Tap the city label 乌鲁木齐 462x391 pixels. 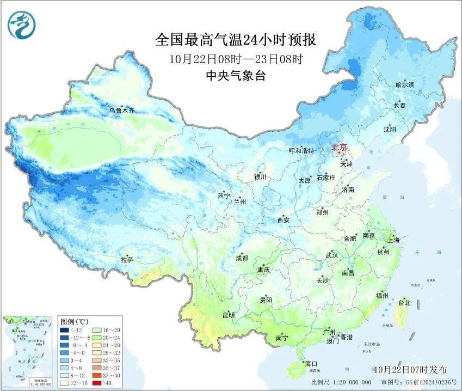[121, 111]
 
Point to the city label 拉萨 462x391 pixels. [127, 260]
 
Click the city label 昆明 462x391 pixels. [229, 315]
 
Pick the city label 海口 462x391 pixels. [311, 363]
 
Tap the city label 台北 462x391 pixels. [405, 302]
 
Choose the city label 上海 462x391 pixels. [393, 240]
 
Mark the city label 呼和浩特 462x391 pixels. [301, 151]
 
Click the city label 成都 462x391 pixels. [242, 258]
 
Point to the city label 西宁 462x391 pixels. [224, 195]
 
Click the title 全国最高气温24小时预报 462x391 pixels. [236, 40]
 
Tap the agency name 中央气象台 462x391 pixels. [236, 76]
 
